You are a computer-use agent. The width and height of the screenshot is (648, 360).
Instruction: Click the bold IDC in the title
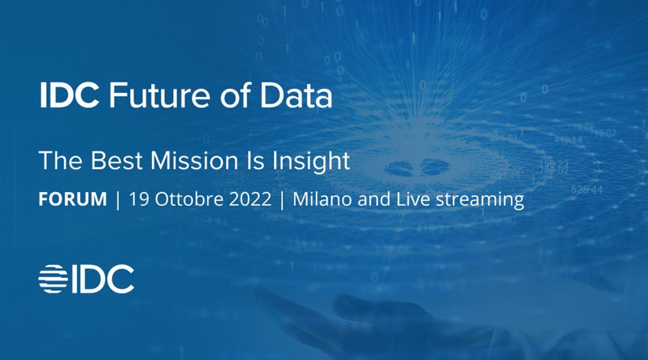click(x=69, y=95)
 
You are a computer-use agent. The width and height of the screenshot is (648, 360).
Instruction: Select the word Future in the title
click(x=160, y=96)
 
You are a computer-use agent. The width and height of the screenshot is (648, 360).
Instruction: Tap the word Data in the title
click(x=296, y=95)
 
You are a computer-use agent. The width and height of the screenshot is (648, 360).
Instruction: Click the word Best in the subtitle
click(x=116, y=160)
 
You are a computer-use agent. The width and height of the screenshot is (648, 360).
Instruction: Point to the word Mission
click(x=194, y=160)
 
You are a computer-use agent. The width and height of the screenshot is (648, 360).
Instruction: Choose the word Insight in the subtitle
click(x=311, y=161)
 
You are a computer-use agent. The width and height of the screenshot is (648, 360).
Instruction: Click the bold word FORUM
click(x=73, y=199)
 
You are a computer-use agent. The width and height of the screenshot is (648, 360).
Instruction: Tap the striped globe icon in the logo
click(x=53, y=279)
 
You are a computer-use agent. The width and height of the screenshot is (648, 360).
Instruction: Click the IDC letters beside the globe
click(x=103, y=279)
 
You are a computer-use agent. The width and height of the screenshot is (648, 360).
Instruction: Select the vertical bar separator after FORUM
click(x=118, y=200)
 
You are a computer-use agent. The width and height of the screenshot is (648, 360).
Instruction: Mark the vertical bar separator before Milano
click(x=282, y=200)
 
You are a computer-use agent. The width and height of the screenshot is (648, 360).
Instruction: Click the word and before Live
click(x=374, y=199)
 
